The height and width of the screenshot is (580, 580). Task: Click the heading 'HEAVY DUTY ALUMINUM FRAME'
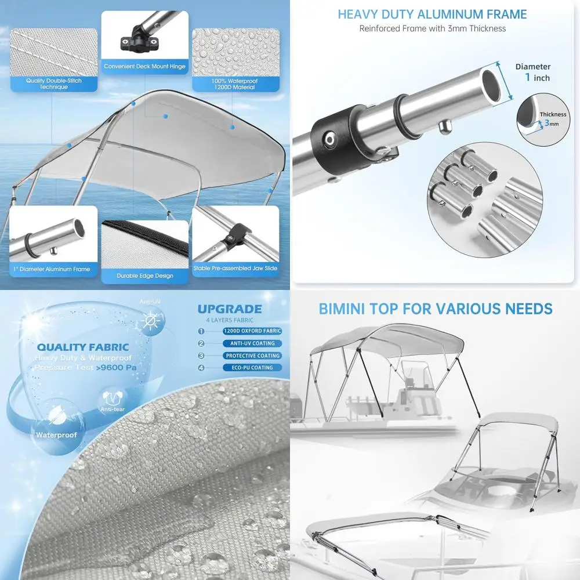pyautogui.click(x=432, y=14)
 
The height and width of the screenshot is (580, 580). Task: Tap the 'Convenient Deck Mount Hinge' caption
pyautogui.click(x=145, y=67)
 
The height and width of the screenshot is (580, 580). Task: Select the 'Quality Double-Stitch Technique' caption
pyautogui.click(x=54, y=84)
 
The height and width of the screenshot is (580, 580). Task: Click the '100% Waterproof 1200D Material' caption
pyautogui.click(x=235, y=84)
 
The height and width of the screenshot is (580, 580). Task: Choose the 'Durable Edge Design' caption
pyautogui.click(x=145, y=275)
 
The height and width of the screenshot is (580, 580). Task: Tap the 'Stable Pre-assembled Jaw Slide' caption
pyautogui.click(x=235, y=269)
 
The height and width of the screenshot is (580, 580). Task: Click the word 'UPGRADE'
pyautogui.click(x=230, y=309)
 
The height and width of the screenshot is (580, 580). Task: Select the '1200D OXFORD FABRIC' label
pyautogui.click(x=252, y=331)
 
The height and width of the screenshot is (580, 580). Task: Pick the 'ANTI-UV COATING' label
pyautogui.click(x=252, y=343)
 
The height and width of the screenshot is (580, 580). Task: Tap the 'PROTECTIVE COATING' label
pyautogui.click(x=252, y=356)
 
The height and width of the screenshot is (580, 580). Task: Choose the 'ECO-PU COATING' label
pyautogui.click(x=252, y=368)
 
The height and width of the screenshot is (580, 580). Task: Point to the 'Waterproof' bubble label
pyautogui.click(x=56, y=434)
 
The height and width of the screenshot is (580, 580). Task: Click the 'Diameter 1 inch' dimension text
pyautogui.click(x=532, y=72)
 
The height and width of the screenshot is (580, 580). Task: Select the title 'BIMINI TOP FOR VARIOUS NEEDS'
pyautogui.click(x=436, y=309)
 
